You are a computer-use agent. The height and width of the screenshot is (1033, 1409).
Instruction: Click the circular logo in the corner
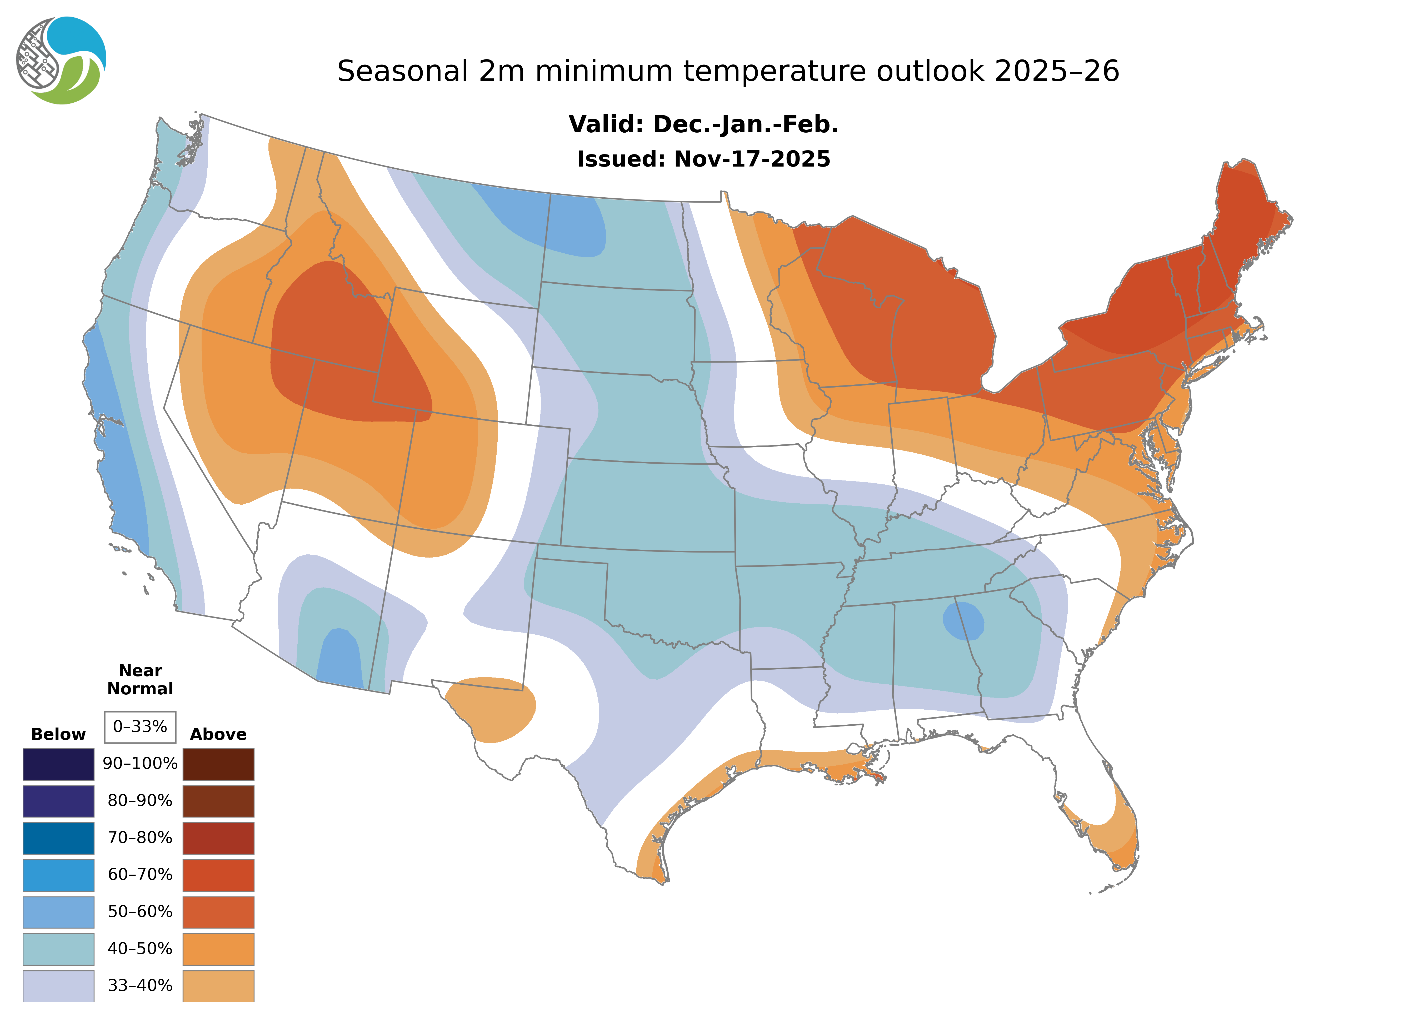point(61,61)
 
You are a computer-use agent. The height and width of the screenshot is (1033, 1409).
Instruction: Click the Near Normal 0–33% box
point(140,727)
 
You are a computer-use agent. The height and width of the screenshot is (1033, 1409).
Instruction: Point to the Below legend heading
point(58,734)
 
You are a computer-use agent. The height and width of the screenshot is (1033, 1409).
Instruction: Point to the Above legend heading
point(218,734)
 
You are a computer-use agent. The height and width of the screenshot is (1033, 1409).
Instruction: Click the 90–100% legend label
point(140,764)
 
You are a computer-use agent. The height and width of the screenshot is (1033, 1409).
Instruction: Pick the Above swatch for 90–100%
point(218,764)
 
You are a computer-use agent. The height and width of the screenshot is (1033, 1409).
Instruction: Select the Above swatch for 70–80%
point(218,838)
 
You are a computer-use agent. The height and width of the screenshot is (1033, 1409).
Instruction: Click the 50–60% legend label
point(140,912)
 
